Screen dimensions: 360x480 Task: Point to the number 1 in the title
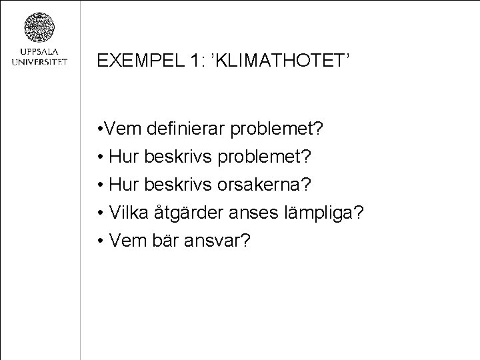tap(192, 61)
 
